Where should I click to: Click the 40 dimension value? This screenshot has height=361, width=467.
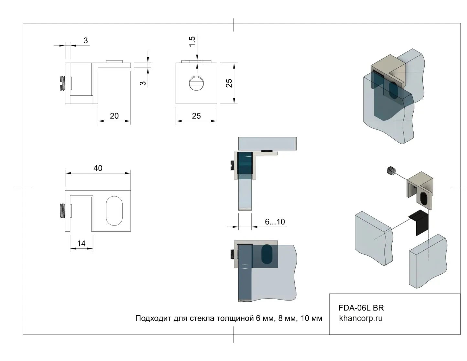98,168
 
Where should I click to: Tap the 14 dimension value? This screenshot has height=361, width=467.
81,243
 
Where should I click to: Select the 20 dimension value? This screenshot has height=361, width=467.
114,116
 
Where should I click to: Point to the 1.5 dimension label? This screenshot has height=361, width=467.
192,41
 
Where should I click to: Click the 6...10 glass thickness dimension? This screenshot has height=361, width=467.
275,222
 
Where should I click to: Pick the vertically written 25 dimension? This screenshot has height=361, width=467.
229,83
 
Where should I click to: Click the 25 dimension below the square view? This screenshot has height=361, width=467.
196,116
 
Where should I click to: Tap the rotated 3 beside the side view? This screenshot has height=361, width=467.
143,83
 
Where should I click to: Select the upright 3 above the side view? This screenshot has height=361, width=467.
86,40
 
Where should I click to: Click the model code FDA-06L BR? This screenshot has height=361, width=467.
361,308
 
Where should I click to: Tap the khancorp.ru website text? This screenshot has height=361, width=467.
361,318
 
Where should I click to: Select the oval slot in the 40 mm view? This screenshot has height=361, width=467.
114,211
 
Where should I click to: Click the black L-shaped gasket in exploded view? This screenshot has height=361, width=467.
419,223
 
